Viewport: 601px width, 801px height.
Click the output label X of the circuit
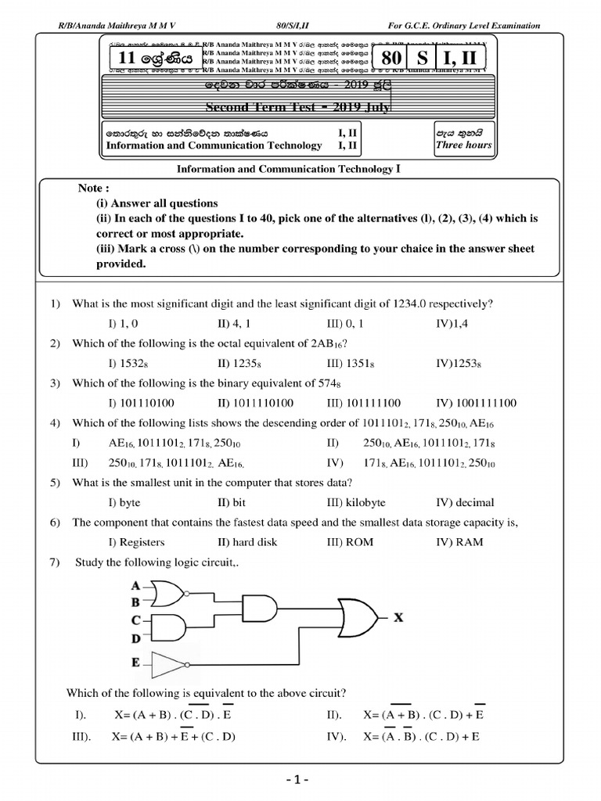pyautogui.click(x=398, y=618)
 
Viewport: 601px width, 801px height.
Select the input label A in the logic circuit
pyautogui.click(x=136, y=586)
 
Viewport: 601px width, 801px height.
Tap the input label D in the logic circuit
pyautogui.click(x=136, y=638)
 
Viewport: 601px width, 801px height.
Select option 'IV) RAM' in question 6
pyautogui.click(x=459, y=541)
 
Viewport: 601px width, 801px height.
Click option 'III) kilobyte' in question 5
pyautogui.click(x=356, y=502)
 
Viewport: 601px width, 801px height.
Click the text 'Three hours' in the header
pyautogui.click(x=463, y=145)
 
